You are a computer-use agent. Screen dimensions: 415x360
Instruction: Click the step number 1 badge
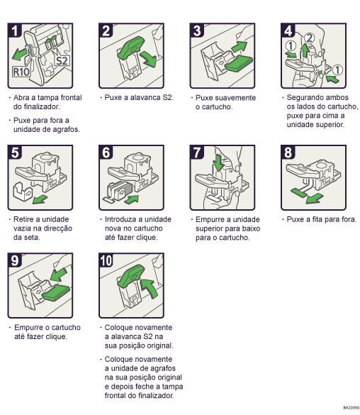point(15,31)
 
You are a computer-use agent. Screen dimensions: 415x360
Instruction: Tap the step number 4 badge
point(288,31)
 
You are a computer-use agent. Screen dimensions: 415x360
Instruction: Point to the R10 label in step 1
point(22,72)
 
